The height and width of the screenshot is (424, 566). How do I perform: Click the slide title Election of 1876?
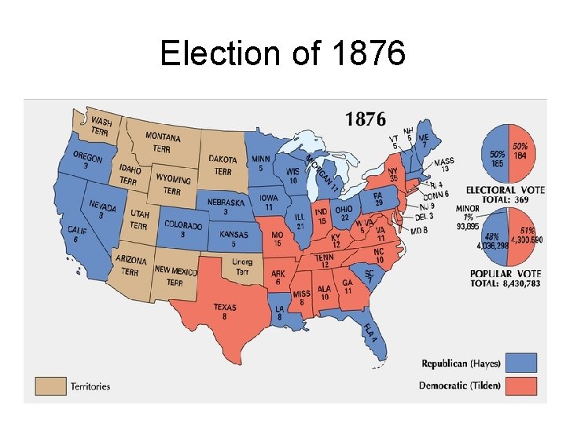[x=282, y=53]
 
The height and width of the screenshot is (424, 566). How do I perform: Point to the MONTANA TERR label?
[x=163, y=142]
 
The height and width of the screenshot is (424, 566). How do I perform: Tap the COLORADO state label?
[x=183, y=228]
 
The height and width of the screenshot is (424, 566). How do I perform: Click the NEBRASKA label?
[x=226, y=206]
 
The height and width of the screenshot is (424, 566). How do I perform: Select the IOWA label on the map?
[x=268, y=202]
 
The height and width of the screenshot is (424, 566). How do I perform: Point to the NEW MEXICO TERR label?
[x=175, y=276]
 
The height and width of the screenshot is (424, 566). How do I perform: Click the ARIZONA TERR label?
[x=130, y=265]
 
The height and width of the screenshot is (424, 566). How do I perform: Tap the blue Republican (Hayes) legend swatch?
[x=521, y=363]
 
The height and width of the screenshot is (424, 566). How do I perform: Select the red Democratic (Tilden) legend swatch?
[x=521, y=386]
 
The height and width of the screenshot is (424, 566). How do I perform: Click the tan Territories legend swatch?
[x=49, y=386]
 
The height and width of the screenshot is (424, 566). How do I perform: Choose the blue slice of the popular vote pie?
[x=494, y=237]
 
